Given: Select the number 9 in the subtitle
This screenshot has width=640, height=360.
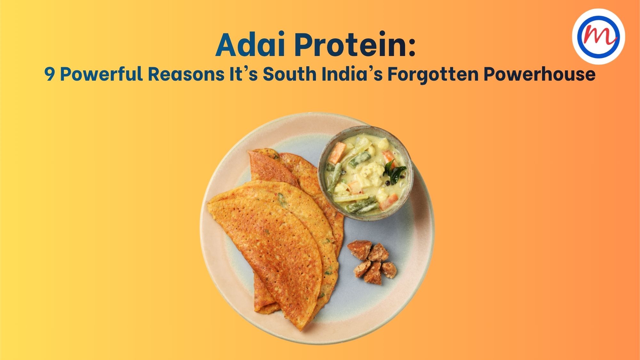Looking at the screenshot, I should pos(50,74).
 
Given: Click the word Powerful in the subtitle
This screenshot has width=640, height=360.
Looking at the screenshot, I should pos(101,74).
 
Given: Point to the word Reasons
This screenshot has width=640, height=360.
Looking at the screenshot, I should pos(187,74).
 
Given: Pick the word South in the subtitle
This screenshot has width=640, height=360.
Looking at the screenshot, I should pos(290,74).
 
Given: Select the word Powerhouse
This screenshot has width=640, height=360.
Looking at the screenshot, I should pos(539,74).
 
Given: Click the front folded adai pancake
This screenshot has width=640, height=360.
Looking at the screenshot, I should pos(269,243).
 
